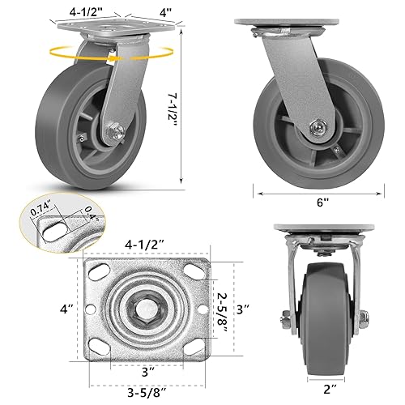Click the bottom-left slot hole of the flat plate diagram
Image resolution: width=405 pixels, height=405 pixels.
click(98, 349)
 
